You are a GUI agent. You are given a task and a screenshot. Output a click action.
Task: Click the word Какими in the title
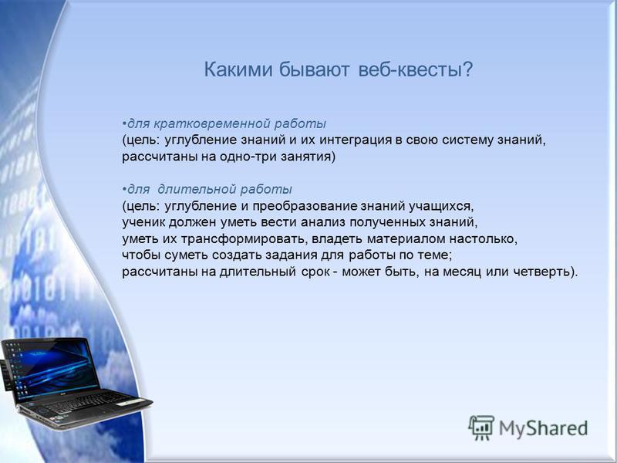tap(238, 69)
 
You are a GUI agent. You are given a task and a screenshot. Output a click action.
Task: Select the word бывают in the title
tap(315, 70)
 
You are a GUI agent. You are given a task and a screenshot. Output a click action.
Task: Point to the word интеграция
tap(356, 140)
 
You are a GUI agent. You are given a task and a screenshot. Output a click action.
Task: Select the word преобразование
tap(305, 206)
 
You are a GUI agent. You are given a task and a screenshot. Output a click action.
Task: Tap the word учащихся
tap(441, 206)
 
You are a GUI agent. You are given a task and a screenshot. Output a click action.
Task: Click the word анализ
tap(323, 222)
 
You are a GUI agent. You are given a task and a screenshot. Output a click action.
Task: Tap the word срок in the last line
tap(316, 272)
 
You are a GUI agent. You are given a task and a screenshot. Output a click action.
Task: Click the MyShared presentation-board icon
tap(481, 428)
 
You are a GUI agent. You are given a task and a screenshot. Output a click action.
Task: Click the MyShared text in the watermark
tap(544, 428)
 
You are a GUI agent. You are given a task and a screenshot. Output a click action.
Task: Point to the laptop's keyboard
tap(90, 403)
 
